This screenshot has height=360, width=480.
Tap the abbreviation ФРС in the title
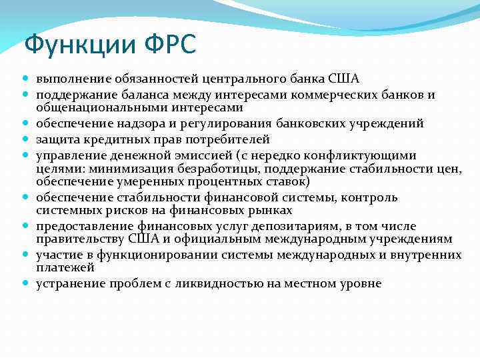[169, 45]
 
